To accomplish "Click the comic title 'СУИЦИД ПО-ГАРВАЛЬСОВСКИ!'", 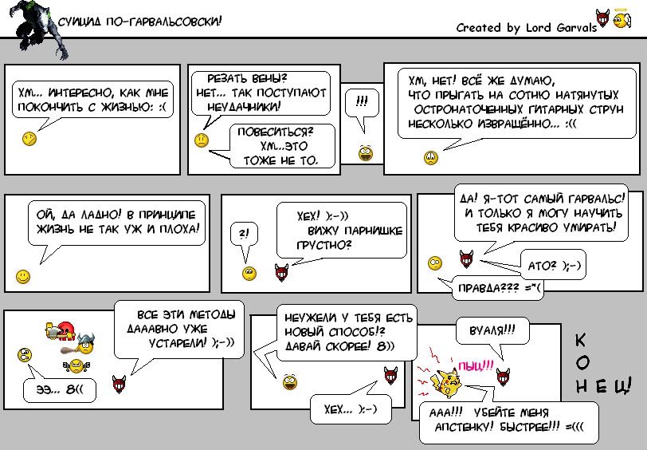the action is coord(139,21).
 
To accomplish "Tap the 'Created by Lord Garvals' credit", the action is coord(527,28).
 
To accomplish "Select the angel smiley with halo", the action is coord(622,18).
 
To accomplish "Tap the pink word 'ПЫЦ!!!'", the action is coord(476,365).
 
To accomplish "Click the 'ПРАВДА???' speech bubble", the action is coord(495,287).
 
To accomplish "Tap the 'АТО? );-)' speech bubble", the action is coord(553,265).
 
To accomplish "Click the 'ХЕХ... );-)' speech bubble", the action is coord(351,409).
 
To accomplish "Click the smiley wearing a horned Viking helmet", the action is coord(84,343).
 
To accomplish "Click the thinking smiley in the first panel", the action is coord(29,138).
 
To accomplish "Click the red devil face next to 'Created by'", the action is coord(602,18).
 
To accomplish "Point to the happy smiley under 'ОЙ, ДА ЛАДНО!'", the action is coord(23,276).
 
